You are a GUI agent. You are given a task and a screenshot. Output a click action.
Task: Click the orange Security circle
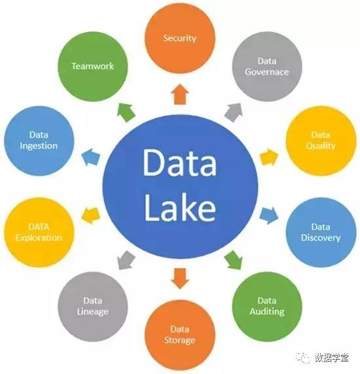[180, 38]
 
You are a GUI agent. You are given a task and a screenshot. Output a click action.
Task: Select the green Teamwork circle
[93, 66]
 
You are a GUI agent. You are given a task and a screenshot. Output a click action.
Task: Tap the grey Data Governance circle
[267, 66]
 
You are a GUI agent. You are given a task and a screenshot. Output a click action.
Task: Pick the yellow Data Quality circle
[321, 141]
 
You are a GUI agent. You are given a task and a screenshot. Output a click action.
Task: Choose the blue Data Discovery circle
[321, 233]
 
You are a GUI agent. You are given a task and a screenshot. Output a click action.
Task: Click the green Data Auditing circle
[267, 307]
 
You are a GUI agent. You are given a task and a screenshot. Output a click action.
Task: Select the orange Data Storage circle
[180, 335]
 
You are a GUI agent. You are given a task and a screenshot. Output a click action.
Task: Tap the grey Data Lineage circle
[93, 307]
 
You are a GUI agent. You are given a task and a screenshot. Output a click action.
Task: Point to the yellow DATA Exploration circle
[39, 233]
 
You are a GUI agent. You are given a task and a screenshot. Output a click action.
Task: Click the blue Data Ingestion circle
[39, 141]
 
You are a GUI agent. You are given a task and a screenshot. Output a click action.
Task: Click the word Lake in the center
[180, 207]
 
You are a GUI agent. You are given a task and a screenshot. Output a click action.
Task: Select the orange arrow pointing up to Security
[180, 94]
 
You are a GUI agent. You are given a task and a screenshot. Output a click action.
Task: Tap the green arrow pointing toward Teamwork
[126, 113]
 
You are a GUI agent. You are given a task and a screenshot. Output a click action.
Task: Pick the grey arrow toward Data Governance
[234, 113]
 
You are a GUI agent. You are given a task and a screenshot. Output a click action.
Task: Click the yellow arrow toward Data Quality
[268, 157]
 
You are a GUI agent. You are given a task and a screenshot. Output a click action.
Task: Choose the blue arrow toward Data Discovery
[268, 216]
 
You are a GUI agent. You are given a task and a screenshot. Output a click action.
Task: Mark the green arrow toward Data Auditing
[234, 260]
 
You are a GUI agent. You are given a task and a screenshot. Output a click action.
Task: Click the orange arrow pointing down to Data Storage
[180, 278]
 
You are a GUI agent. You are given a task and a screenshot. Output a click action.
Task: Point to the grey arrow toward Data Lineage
[126, 260]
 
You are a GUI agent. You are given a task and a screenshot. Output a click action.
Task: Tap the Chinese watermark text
[332, 358]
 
